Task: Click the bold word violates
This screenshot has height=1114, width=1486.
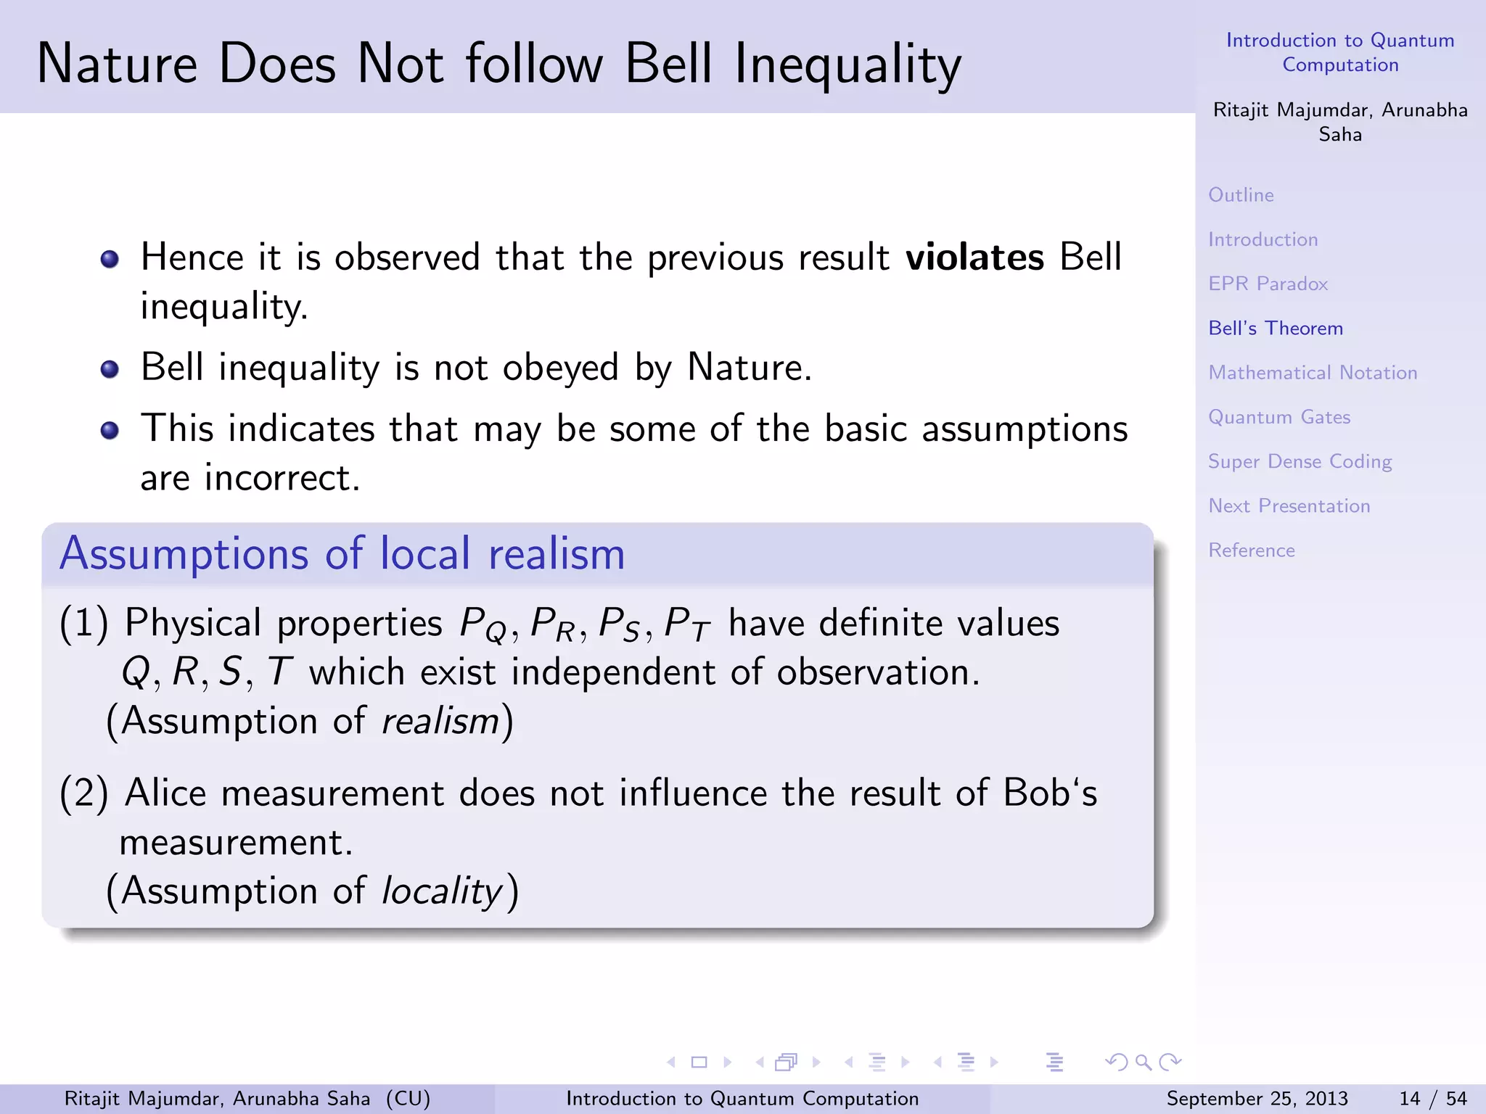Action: click(974, 257)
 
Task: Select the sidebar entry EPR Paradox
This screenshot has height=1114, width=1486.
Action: click(1268, 284)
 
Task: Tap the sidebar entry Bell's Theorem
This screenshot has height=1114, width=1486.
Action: click(1276, 329)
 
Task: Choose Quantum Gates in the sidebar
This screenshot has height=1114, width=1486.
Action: click(1279, 417)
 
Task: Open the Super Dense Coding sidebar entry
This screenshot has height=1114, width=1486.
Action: click(1300, 462)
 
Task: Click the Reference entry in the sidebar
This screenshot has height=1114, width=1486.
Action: click(1252, 550)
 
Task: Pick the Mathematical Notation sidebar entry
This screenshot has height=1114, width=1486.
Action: click(1313, 373)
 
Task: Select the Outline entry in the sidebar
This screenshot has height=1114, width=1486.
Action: click(1241, 195)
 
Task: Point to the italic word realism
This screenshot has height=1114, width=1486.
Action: click(440, 722)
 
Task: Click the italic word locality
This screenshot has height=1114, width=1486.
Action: click(442, 891)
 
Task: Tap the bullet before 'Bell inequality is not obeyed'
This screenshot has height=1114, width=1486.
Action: click(110, 369)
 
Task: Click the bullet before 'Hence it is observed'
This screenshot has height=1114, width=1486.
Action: click(110, 259)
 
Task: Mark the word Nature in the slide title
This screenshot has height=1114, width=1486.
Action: click(117, 64)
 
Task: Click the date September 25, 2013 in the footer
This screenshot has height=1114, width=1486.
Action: click(1257, 1099)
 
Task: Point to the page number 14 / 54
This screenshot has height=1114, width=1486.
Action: click(1432, 1099)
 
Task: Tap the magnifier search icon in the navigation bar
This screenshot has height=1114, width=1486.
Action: click(1144, 1063)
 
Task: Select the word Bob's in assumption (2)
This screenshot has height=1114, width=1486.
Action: click(1050, 793)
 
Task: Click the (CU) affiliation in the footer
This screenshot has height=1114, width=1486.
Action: click(408, 1099)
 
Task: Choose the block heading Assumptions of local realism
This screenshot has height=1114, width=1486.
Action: click(342, 554)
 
